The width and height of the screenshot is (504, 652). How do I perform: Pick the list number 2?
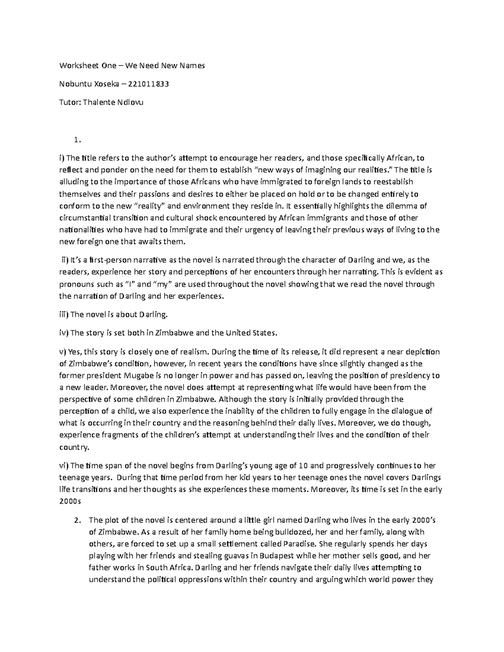[76, 520]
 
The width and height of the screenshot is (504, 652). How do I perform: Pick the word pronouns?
[76, 284]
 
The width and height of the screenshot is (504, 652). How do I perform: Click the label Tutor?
[70, 102]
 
